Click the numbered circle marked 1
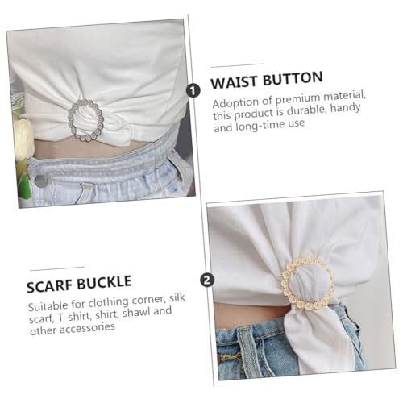[193, 90]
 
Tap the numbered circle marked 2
[207, 280]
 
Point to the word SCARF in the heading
[55, 286]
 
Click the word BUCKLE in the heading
[115, 286]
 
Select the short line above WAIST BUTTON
[237, 63]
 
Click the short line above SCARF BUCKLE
[56, 268]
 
